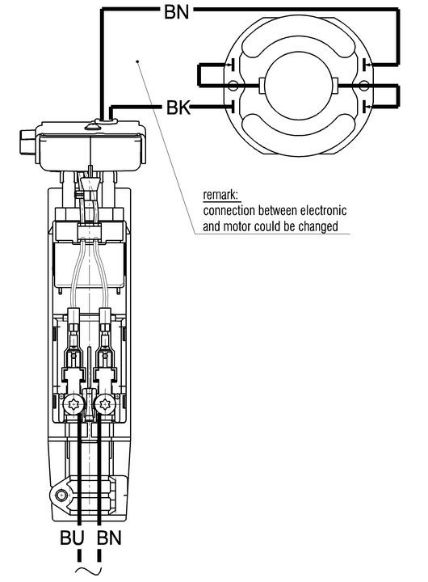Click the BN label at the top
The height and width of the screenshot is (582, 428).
pyautogui.click(x=177, y=12)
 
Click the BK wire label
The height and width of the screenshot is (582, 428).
pyautogui.click(x=178, y=108)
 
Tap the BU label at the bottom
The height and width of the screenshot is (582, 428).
pyautogui.click(x=72, y=538)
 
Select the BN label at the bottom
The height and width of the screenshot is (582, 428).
pyautogui.click(x=109, y=538)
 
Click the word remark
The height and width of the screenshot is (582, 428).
pyautogui.click(x=220, y=195)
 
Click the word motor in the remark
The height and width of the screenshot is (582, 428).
pyautogui.click(x=237, y=226)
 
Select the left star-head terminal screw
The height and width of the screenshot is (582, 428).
pyautogui.click(x=73, y=405)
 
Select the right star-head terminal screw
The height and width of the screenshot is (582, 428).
pyautogui.click(x=104, y=405)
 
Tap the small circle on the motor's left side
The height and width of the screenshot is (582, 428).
pyautogui.click(x=233, y=86)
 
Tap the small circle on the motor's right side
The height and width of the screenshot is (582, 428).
pyautogui.click(x=363, y=86)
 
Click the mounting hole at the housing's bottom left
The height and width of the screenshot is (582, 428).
pyautogui.click(x=61, y=495)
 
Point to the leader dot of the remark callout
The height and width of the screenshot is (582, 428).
pyautogui.click(x=138, y=61)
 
